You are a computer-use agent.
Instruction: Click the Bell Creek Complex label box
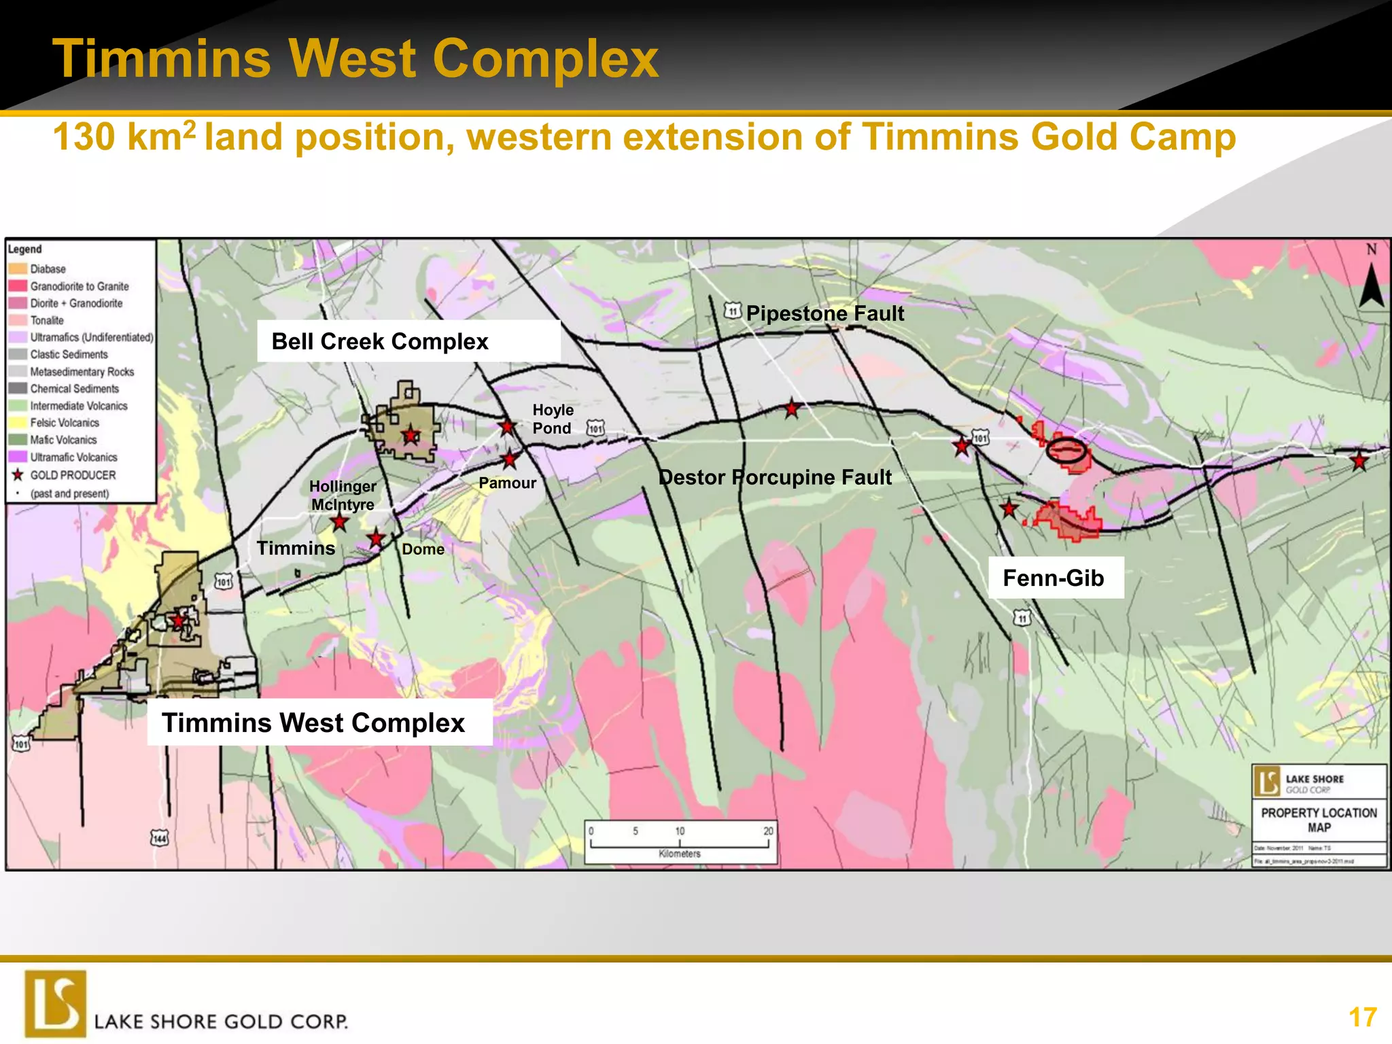[x=408, y=341]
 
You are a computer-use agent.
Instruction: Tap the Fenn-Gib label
[x=1054, y=578]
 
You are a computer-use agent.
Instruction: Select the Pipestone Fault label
[x=824, y=313]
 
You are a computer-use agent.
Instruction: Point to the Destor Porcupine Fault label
[x=775, y=477]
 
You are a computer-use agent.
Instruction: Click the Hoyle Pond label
[x=553, y=419]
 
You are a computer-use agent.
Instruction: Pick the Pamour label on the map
[x=507, y=483]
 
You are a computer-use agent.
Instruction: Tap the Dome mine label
[x=423, y=549]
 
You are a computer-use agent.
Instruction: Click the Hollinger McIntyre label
[x=343, y=495]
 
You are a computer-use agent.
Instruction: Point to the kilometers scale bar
[x=680, y=843]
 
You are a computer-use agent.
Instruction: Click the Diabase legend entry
[x=48, y=269]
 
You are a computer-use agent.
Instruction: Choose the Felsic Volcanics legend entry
[x=65, y=423]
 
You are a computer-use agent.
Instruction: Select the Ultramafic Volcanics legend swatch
[x=18, y=457]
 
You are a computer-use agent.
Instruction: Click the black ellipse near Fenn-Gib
[x=1065, y=450]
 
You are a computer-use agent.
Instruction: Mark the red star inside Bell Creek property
[x=411, y=435]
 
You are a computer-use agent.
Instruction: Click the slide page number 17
[x=1363, y=1017]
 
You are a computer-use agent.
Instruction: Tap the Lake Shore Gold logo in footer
[x=56, y=1004]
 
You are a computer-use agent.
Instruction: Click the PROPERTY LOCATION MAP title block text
[x=1319, y=820]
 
